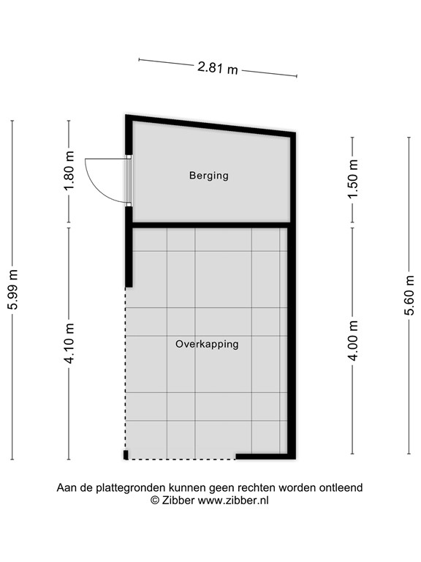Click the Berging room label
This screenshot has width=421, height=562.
point(209,176)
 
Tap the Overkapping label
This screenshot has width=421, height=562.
point(207,343)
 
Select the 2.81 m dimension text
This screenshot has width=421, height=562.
point(217,68)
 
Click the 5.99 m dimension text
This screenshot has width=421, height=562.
point(13,291)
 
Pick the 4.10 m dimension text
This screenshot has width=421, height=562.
point(69,344)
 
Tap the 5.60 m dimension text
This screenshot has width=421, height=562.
point(409,293)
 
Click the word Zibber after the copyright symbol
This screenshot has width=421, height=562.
point(178,500)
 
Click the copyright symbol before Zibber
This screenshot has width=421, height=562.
point(154,500)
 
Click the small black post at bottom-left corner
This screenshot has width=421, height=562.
point(126,455)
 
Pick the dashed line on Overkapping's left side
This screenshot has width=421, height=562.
point(126,366)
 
